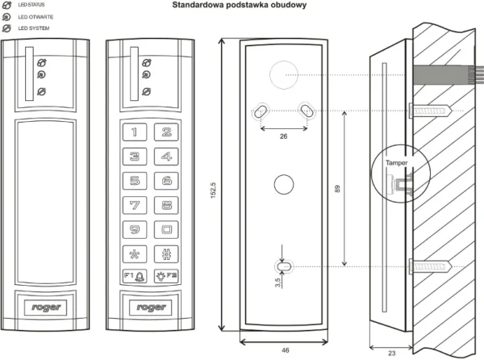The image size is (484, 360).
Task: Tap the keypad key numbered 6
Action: click(166, 182)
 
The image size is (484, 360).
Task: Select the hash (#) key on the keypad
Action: click(166, 253)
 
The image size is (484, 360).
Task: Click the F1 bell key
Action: click(135, 276)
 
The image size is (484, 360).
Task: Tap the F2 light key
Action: click(166, 276)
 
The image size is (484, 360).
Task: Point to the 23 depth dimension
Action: click(392, 352)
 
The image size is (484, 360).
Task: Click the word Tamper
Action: click(396, 162)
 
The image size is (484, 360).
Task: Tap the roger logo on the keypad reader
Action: click(151, 307)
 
